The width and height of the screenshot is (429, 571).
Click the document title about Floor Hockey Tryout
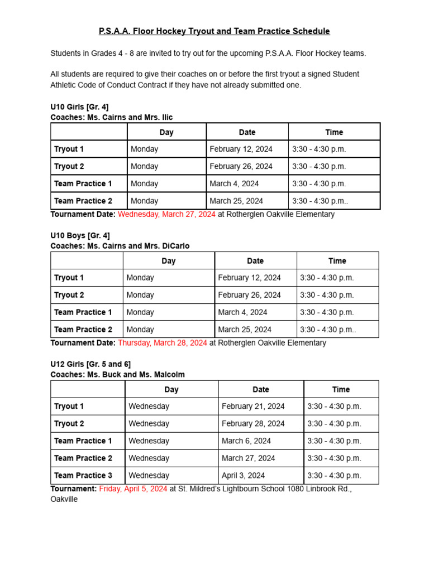[214, 31]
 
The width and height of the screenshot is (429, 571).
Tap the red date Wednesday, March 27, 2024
[166, 214]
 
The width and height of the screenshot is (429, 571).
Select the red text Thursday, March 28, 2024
[163, 343]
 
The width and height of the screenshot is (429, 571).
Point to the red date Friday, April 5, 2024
[133, 488]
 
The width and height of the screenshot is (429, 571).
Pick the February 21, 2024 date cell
[253, 407]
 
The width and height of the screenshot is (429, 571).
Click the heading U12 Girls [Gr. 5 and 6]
[90, 364]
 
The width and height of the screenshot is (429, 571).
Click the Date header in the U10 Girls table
[247, 132]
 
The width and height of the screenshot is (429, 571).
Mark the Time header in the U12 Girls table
[341, 390]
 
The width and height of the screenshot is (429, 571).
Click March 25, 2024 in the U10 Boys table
[245, 330]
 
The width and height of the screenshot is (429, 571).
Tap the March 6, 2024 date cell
[246, 441]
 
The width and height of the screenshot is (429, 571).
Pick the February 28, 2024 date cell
[253, 424]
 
